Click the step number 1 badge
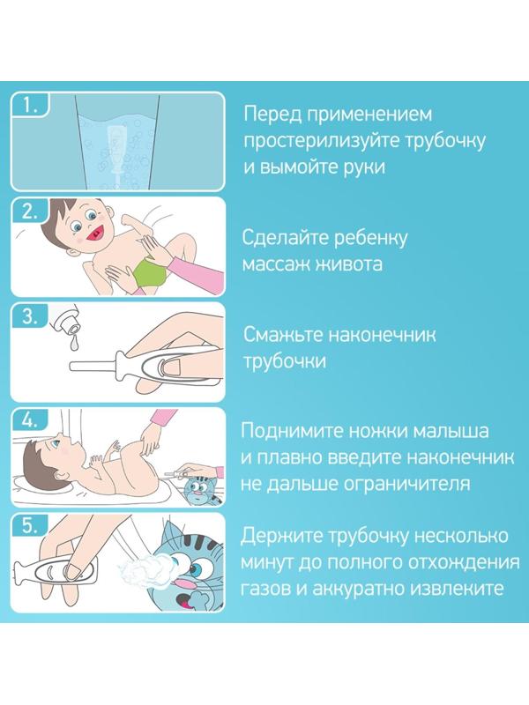tap(32, 108)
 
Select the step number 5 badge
tap(32, 527)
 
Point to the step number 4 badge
tap(32, 421)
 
